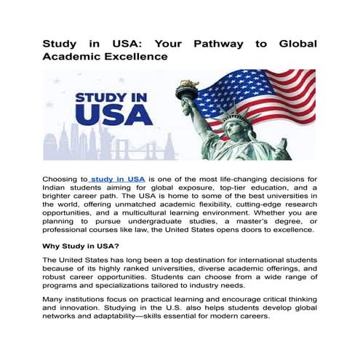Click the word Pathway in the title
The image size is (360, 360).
216,44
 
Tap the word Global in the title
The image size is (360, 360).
297,44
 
